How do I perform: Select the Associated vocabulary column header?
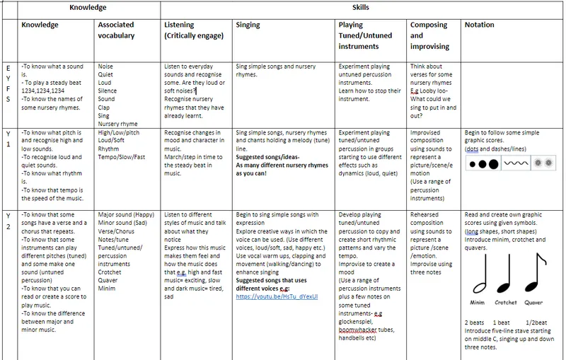coord(116,29)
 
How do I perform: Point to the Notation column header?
coord(480,25)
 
